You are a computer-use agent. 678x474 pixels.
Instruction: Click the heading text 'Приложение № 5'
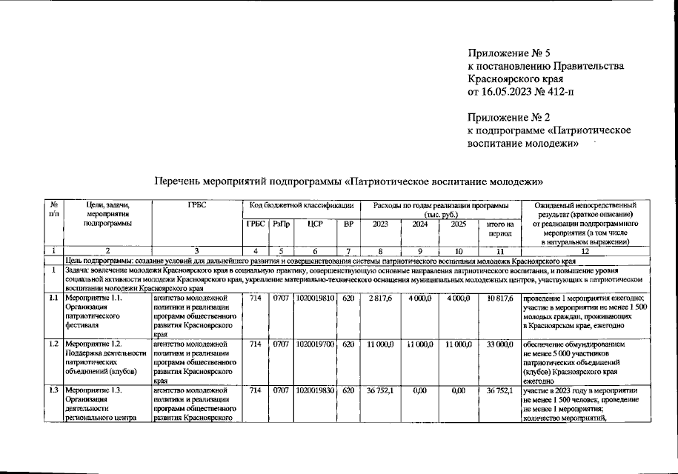[x=509, y=53]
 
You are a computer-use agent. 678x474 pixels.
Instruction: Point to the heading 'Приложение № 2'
[x=509, y=117]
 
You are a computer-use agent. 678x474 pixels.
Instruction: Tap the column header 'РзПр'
[x=281, y=223]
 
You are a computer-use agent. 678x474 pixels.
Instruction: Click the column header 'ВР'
[x=348, y=223]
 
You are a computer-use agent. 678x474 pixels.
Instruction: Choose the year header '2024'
[x=420, y=223]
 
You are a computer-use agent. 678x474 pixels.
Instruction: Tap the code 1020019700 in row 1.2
[x=315, y=344]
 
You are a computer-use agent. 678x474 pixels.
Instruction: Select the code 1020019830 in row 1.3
[x=315, y=390]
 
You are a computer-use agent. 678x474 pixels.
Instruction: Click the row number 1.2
[x=54, y=344]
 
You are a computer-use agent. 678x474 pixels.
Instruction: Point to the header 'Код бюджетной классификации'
[x=301, y=204]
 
